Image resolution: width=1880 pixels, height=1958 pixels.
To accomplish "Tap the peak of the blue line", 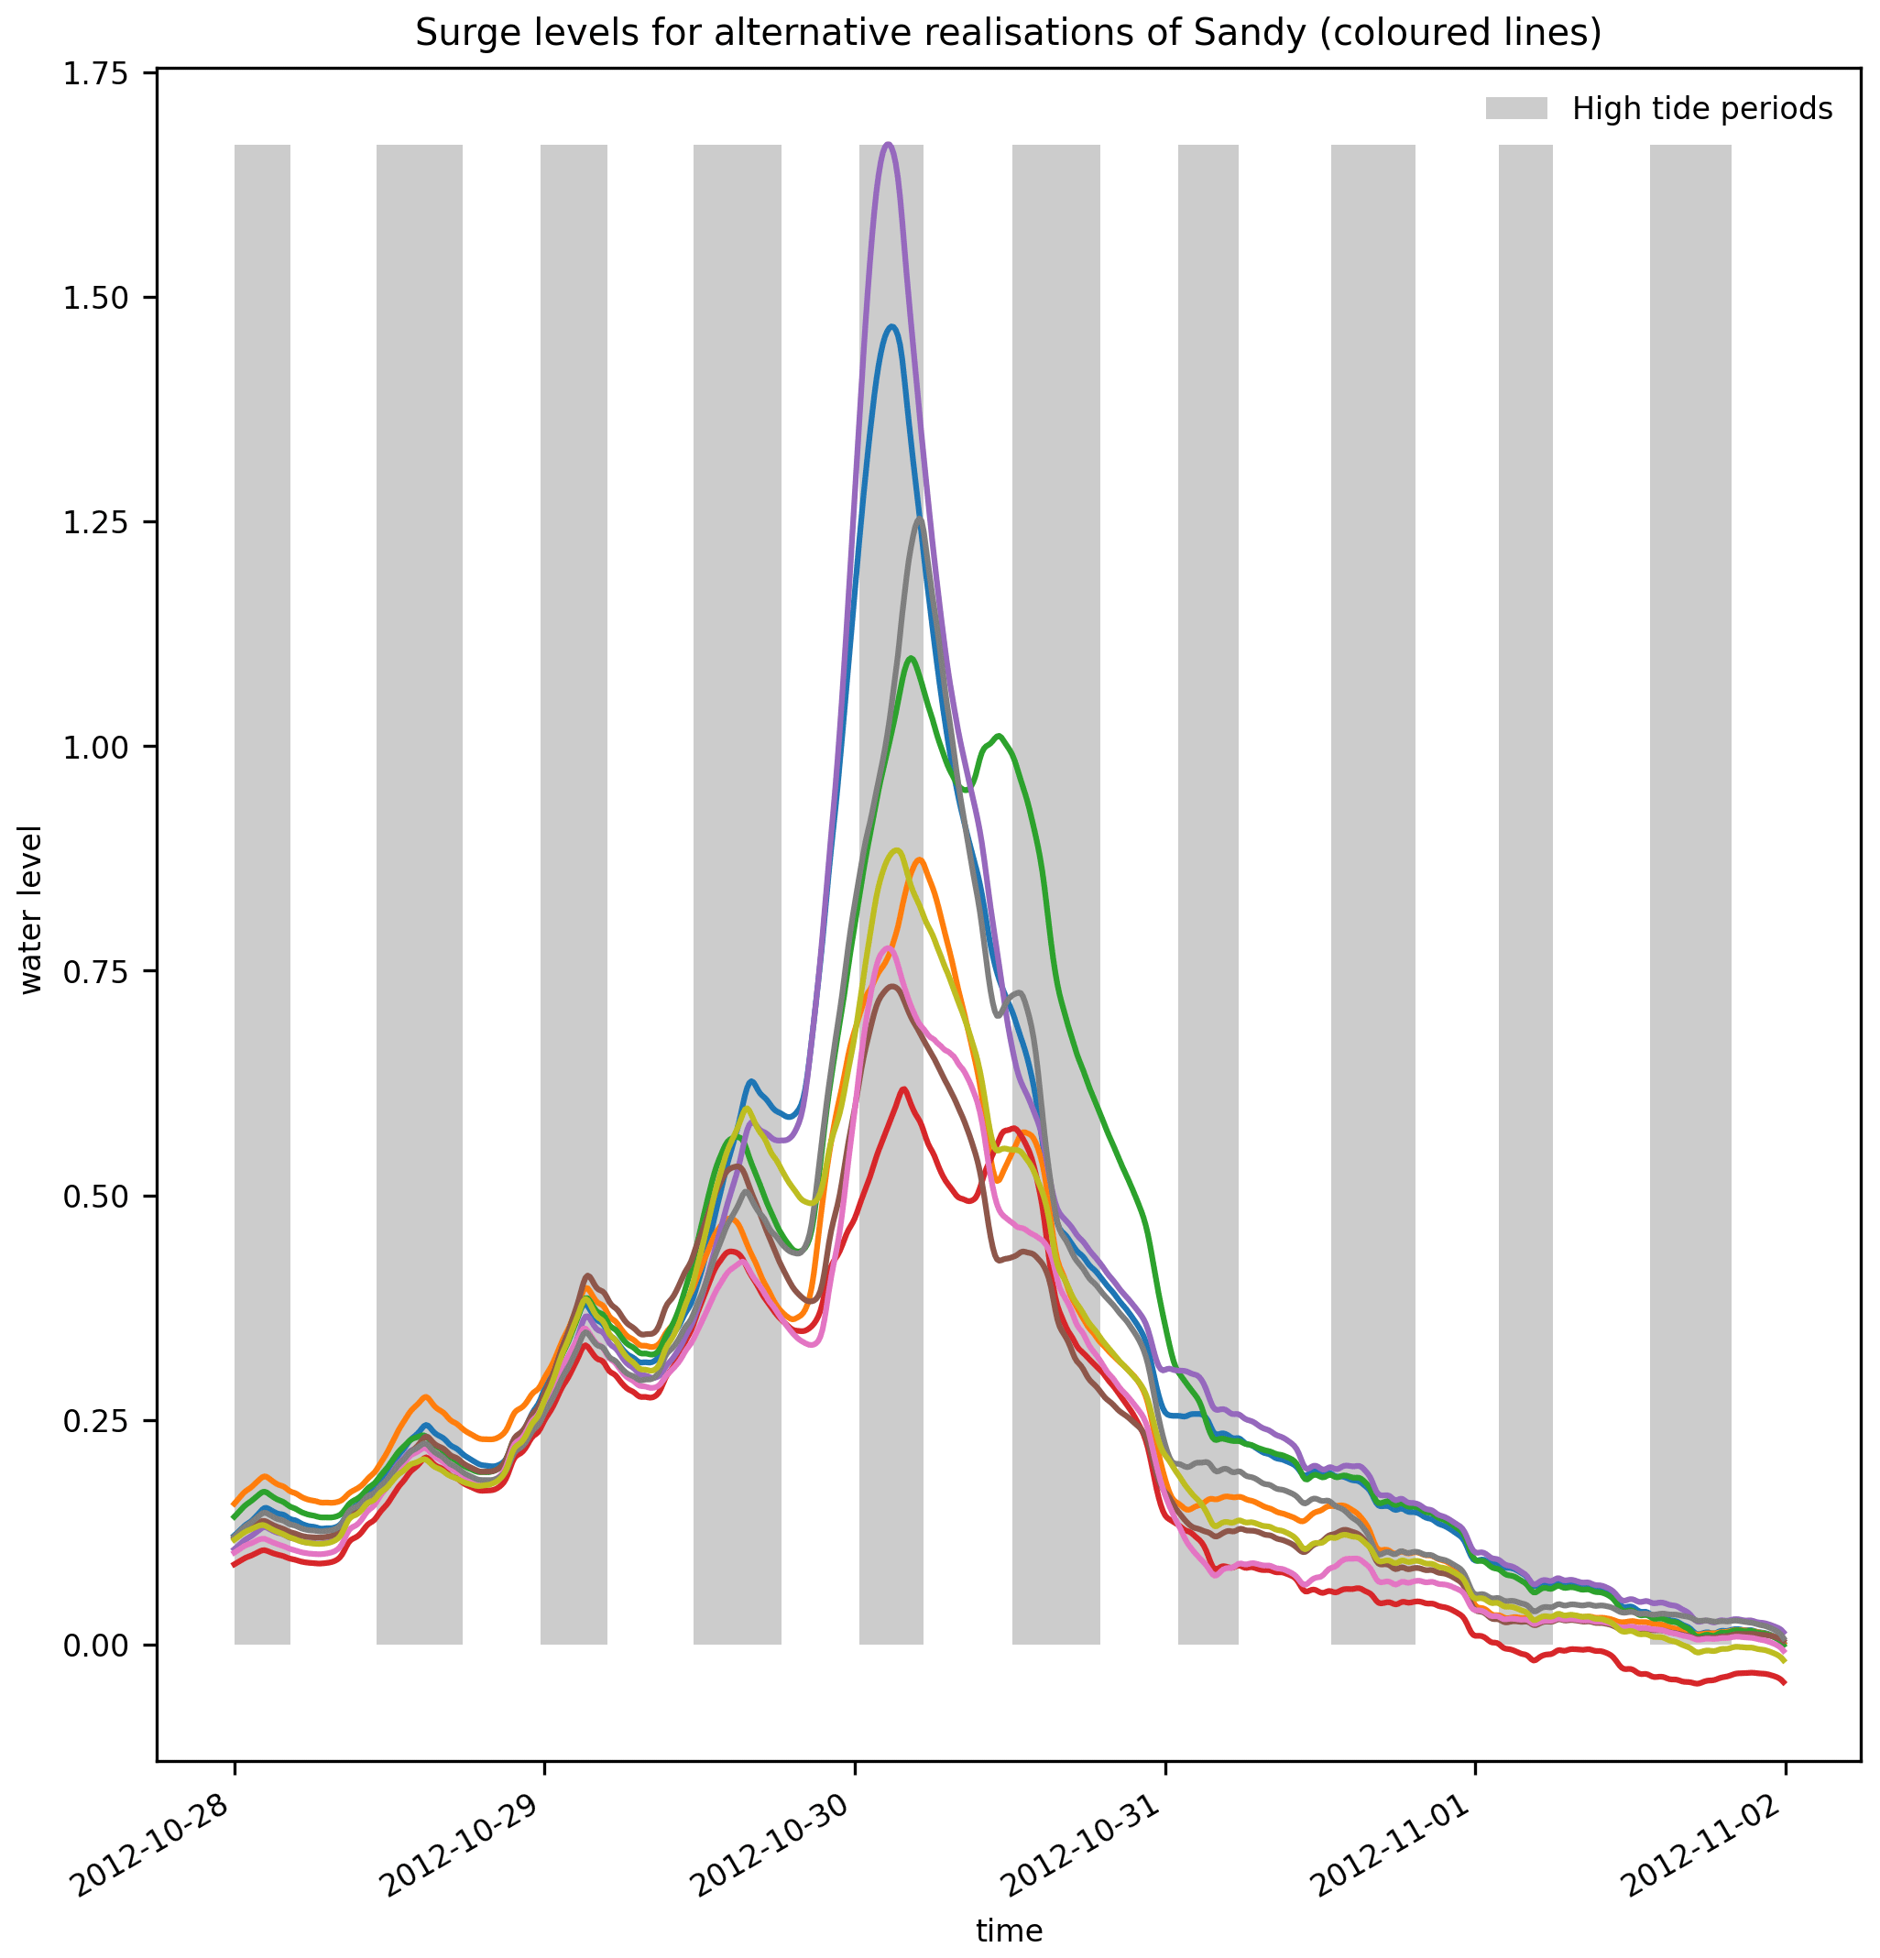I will click(x=892, y=327).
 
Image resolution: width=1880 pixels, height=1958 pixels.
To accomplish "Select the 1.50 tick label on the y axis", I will click(x=96, y=298).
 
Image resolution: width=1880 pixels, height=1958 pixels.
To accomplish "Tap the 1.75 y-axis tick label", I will click(x=96, y=74).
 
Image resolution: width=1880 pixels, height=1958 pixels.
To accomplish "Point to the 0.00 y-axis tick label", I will click(x=96, y=1646).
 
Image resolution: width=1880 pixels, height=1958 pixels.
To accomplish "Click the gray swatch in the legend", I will click(x=1515, y=109).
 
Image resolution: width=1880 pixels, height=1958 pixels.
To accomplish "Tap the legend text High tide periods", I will click(x=1701, y=109).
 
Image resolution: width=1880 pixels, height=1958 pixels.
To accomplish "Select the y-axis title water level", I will click(x=32, y=909).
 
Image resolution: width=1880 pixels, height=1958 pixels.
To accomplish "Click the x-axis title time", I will click(x=1009, y=1930).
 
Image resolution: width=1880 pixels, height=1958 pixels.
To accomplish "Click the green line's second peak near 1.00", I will click(x=999, y=738).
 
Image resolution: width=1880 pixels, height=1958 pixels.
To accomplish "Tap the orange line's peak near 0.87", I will click(x=919, y=859).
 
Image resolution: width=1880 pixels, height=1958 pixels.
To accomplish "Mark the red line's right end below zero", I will click(x=1784, y=1683).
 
